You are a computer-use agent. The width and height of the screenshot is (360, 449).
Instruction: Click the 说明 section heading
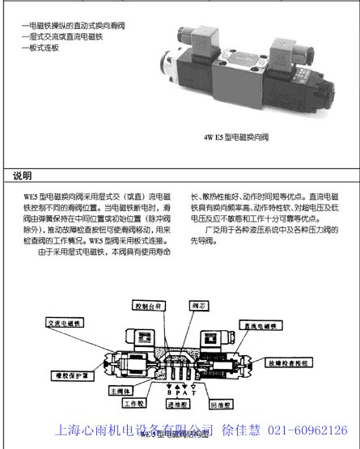(x=23, y=176)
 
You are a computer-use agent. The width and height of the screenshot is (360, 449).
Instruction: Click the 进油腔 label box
(x=173, y=401)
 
